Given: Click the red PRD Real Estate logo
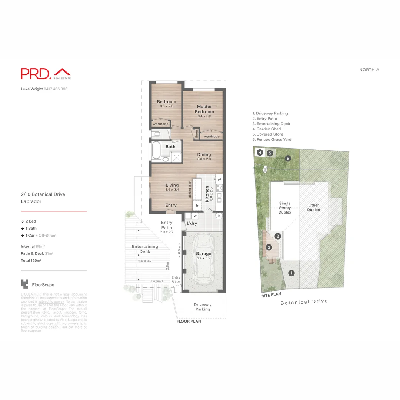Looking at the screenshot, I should click(46, 73).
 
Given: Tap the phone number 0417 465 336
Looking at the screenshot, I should click(56, 89).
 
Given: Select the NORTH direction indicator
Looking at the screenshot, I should click(369, 70).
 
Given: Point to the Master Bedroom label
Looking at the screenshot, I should click(204, 109).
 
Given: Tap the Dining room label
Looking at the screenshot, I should click(204, 155).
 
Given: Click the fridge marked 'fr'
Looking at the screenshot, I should click(197, 205).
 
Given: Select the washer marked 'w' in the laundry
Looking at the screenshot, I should click(195, 216).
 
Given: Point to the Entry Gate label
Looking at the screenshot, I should click(176, 279).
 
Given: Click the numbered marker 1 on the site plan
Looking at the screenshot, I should click(291, 273).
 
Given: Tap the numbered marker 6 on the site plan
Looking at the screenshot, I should click(288, 159).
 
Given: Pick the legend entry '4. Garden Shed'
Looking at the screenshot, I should click(266, 129).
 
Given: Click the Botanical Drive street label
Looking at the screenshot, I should click(304, 302).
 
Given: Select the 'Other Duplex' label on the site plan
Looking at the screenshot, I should click(313, 207).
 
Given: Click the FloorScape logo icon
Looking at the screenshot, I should click(24, 284).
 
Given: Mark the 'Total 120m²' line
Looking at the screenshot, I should click(31, 261).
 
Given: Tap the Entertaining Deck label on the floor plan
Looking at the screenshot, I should click(145, 249).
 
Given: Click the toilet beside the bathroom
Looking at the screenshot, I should click(155, 134).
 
